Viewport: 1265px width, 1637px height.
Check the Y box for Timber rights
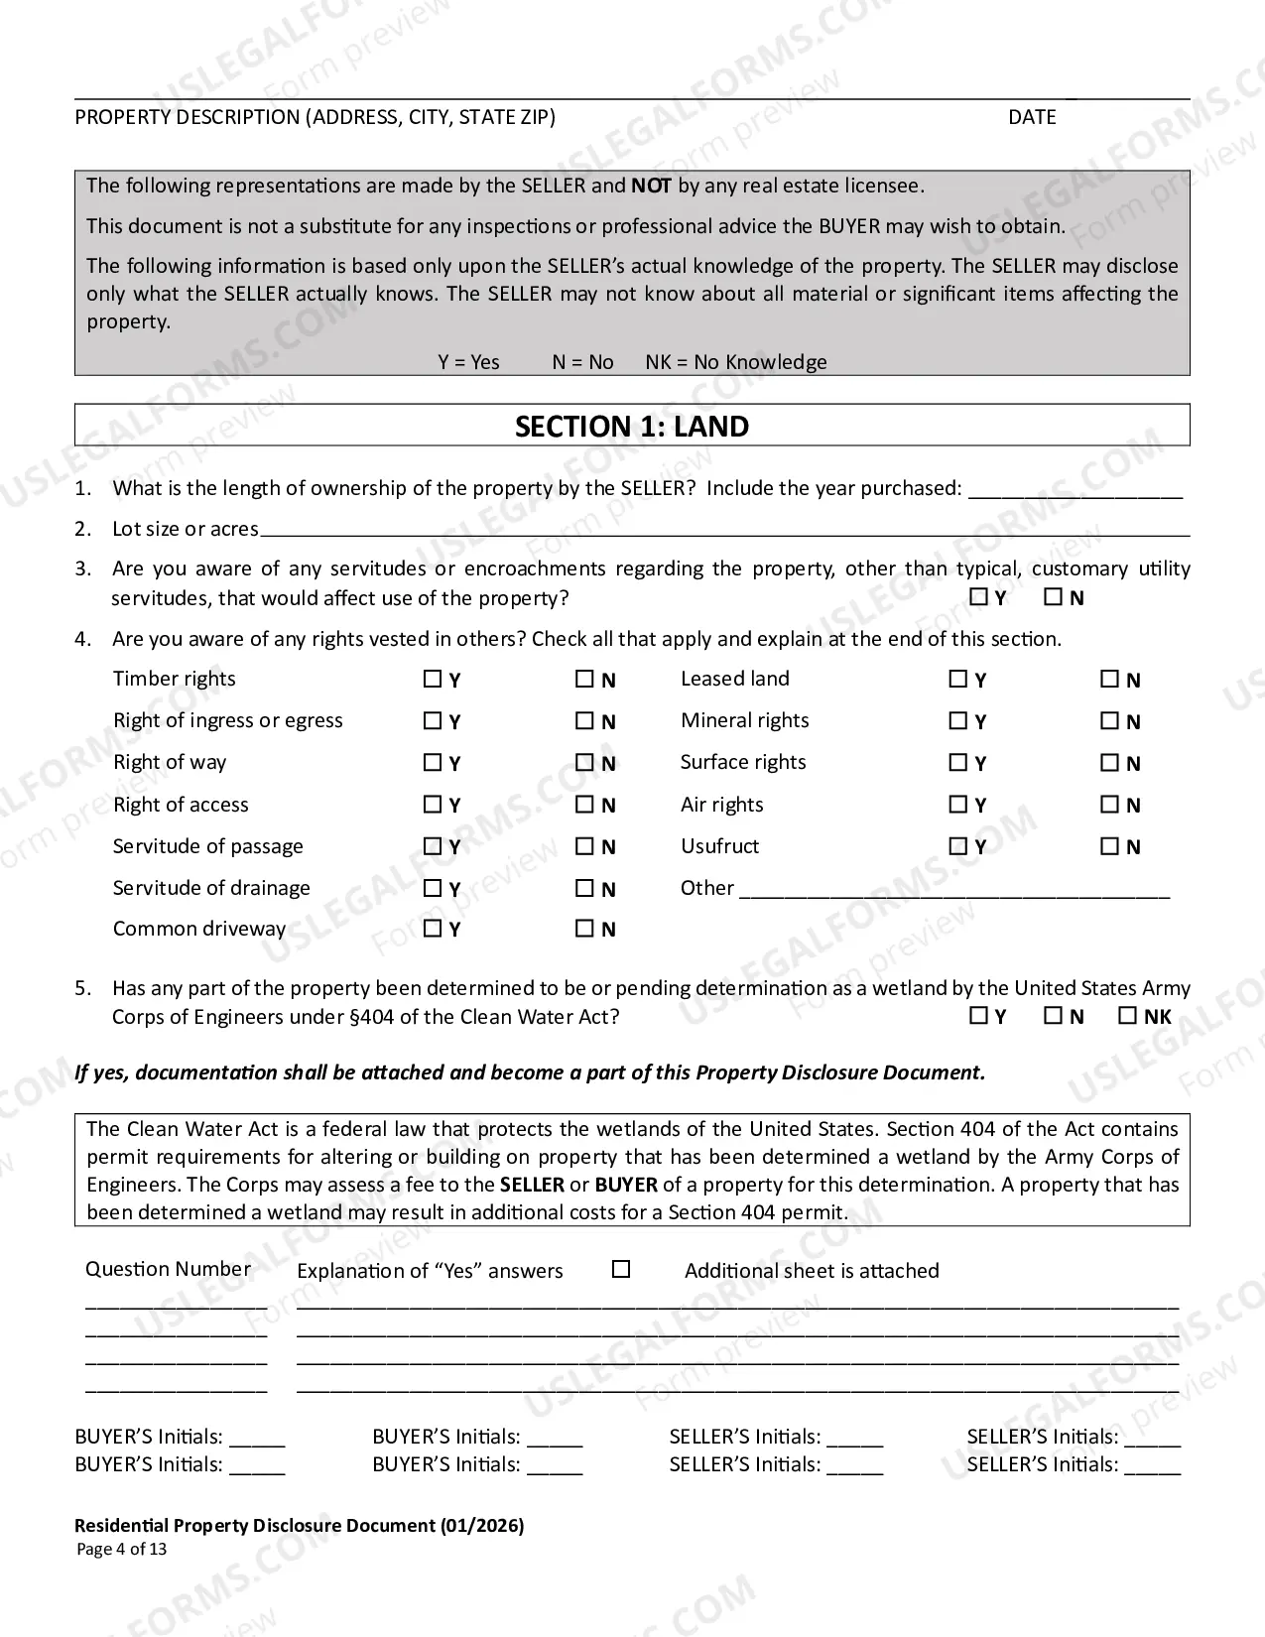(x=433, y=680)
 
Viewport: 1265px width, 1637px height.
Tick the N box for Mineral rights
(x=1109, y=721)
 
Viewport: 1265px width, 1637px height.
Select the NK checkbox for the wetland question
(x=1127, y=1016)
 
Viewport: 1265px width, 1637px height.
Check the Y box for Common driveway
(x=433, y=929)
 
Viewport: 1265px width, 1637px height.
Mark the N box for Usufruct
(x=1109, y=846)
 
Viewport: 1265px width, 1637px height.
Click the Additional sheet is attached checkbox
(x=621, y=1269)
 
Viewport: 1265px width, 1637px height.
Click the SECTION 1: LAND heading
(x=632, y=427)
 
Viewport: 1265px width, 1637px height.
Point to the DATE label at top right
(x=1032, y=117)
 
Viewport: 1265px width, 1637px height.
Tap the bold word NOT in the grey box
(x=651, y=186)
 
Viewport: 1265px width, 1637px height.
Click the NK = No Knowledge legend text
(x=735, y=362)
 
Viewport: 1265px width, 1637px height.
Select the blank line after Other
(x=954, y=890)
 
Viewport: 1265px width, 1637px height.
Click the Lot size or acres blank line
(x=724, y=530)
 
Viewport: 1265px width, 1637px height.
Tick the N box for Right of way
(x=584, y=763)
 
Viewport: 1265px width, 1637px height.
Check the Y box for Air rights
(x=958, y=805)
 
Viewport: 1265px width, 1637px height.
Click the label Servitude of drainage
(x=211, y=888)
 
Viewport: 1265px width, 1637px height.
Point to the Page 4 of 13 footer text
(x=122, y=1550)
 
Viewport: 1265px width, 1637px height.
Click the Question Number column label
(x=168, y=1269)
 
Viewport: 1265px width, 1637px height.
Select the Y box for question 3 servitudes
(x=979, y=597)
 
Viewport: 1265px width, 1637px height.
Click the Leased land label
(x=734, y=679)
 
